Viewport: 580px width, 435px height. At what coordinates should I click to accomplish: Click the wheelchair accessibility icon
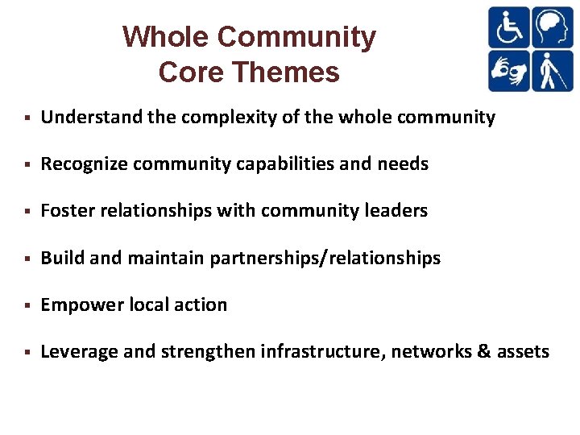509,27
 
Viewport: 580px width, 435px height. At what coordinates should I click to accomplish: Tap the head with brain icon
553,27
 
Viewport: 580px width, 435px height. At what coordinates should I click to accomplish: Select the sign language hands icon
509,71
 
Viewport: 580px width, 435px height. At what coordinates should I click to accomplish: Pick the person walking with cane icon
553,71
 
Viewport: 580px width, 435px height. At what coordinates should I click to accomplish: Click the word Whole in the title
166,37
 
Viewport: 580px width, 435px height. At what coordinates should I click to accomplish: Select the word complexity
220,118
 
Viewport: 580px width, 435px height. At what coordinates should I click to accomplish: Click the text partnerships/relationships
325,258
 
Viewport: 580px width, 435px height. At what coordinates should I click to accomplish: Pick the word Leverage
77,351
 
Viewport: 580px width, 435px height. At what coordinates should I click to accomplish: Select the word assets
523,351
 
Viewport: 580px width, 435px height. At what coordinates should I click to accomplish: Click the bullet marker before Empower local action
27,305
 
